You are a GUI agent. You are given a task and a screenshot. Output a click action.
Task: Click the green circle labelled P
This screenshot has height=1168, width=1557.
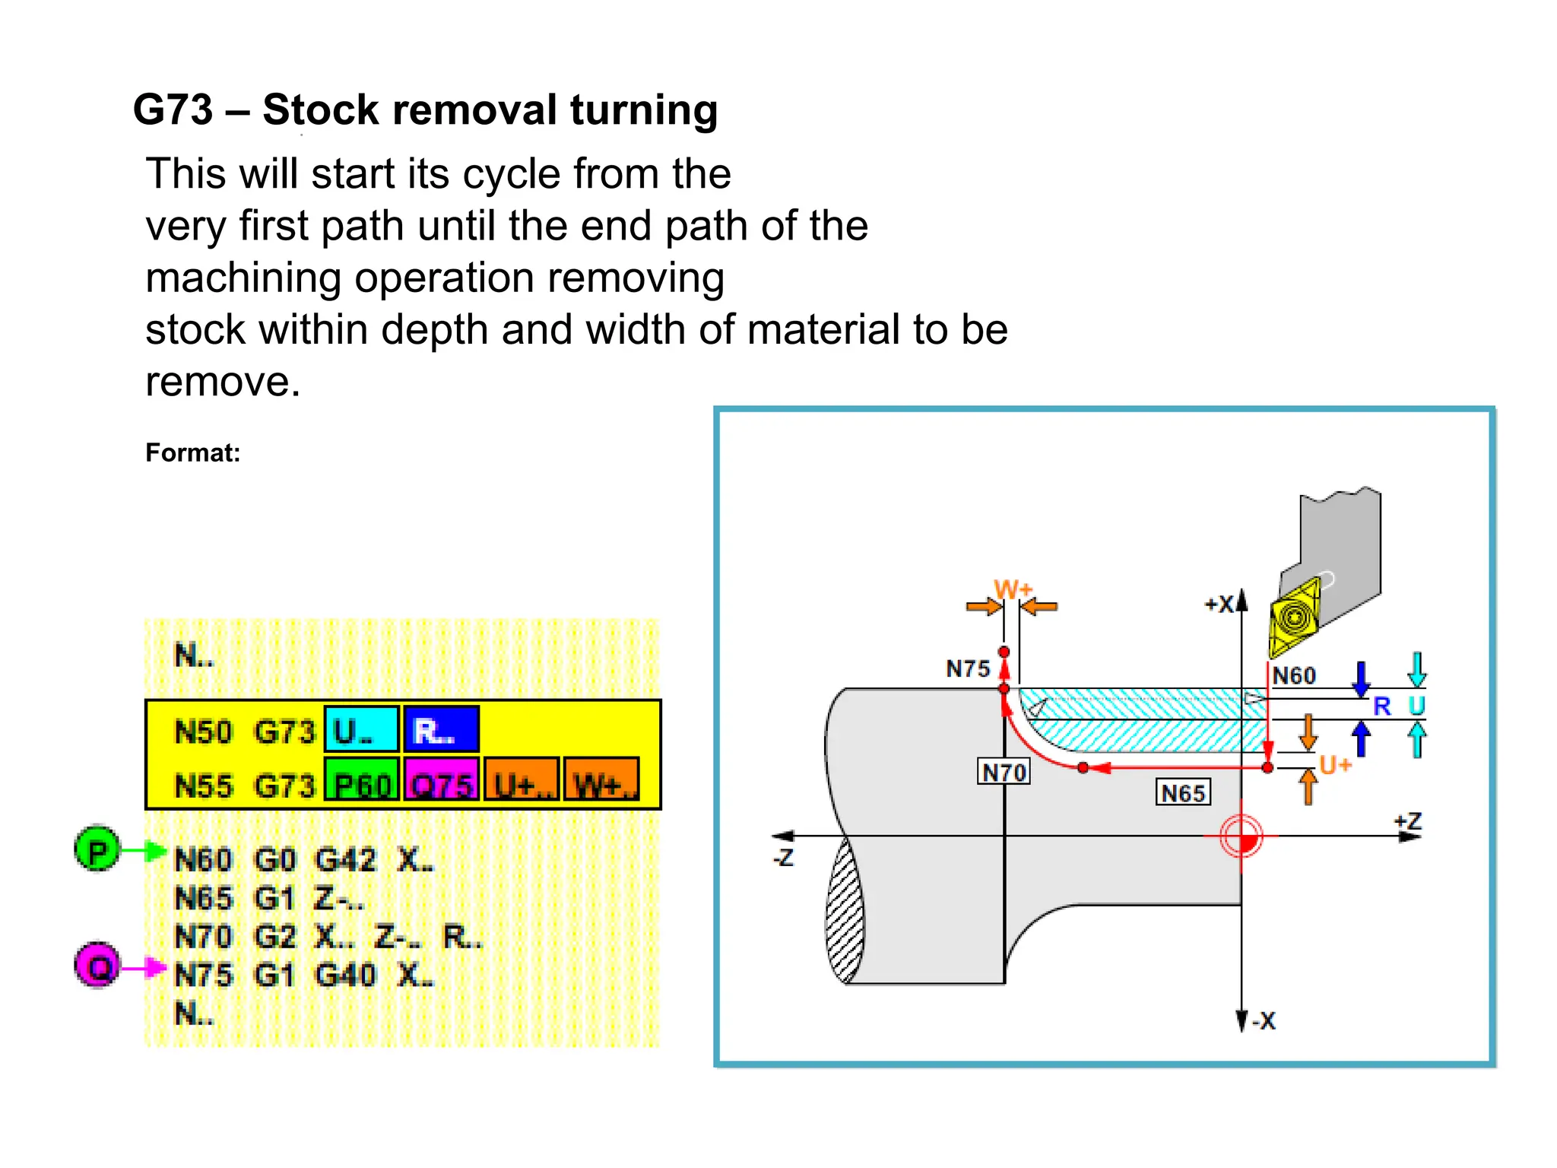[x=97, y=849]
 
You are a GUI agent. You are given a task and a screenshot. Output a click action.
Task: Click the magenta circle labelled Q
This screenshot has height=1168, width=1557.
[x=97, y=965]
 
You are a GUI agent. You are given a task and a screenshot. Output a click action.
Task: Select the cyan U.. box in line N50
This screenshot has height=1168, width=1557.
[x=361, y=730]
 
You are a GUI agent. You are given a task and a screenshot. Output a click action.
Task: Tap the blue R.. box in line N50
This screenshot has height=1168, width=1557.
[x=441, y=730]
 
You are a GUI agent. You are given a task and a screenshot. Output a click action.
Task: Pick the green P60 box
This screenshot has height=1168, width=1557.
[x=362, y=779]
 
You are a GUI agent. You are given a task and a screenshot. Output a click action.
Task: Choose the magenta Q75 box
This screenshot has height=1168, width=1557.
[x=442, y=779]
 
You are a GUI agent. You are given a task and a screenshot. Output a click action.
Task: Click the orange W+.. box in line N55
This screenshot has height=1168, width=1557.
[x=601, y=779]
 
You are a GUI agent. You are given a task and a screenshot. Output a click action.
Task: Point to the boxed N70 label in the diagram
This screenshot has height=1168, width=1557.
[x=1004, y=772]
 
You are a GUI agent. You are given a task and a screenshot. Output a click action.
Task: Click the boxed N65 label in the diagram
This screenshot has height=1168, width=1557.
[x=1183, y=793]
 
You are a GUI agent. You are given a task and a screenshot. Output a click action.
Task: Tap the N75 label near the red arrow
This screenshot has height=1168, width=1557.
[x=968, y=668]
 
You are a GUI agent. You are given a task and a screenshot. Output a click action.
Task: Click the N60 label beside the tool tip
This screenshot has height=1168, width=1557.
[x=1294, y=675]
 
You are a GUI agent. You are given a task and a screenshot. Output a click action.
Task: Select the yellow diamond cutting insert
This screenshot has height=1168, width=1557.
[x=1295, y=617]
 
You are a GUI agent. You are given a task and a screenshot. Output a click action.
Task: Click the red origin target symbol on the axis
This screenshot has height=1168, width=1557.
[x=1241, y=836]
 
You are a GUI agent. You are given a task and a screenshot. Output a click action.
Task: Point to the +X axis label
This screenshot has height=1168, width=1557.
[x=1219, y=605]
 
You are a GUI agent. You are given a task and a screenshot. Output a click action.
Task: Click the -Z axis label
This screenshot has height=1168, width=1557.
[x=783, y=858]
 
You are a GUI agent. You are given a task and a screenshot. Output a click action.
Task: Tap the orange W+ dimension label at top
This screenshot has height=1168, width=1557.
[x=1013, y=589]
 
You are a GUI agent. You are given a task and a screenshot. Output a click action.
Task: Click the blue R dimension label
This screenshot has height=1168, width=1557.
[x=1381, y=706]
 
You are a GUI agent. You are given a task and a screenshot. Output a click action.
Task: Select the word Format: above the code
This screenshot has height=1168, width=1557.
[x=192, y=453]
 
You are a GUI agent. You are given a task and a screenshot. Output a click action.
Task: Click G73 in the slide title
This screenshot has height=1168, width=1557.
[x=173, y=109]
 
